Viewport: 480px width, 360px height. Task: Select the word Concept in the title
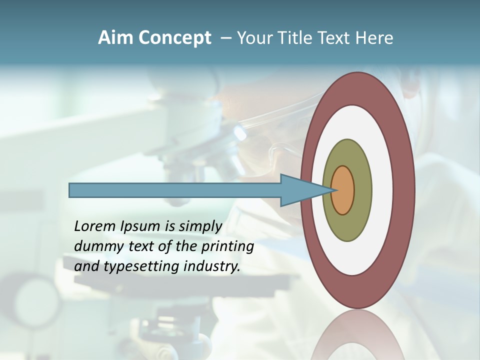point(174,38)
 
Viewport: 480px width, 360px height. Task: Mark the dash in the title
point(226,38)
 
